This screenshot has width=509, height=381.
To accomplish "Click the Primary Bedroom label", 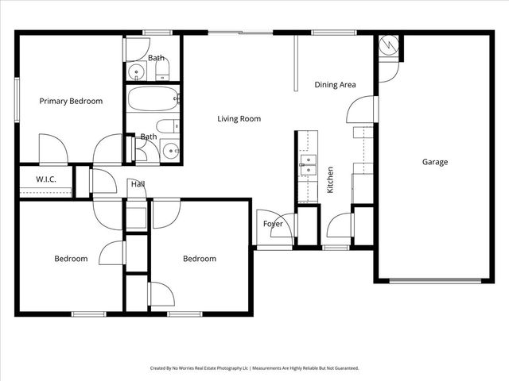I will tap(72, 101).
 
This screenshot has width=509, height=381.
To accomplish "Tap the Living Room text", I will tap(239, 119).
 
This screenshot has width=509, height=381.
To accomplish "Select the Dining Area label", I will tap(335, 84).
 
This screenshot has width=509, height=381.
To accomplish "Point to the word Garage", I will tap(435, 162).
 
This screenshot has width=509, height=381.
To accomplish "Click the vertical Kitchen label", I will tap(330, 180).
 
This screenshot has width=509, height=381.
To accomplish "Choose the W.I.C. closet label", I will tap(45, 179).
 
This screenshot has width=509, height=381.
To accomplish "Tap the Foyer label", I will tap(273, 224).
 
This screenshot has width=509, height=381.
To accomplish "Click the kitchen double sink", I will tap(308, 168).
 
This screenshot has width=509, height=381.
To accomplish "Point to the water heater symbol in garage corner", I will tap(387, 45).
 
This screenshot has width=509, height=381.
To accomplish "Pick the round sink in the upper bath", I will tap(137, 74).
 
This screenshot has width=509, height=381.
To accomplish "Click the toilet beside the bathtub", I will tap(165, 126).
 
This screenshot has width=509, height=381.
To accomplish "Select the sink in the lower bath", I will tap(169, 149).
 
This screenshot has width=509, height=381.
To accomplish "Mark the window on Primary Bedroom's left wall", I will tap(17, 99).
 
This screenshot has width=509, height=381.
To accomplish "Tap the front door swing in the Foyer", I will tap(283, 226).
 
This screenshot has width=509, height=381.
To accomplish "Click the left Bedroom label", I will tap(71, 259).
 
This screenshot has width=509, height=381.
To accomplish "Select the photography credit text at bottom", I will tap(254, 368).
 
